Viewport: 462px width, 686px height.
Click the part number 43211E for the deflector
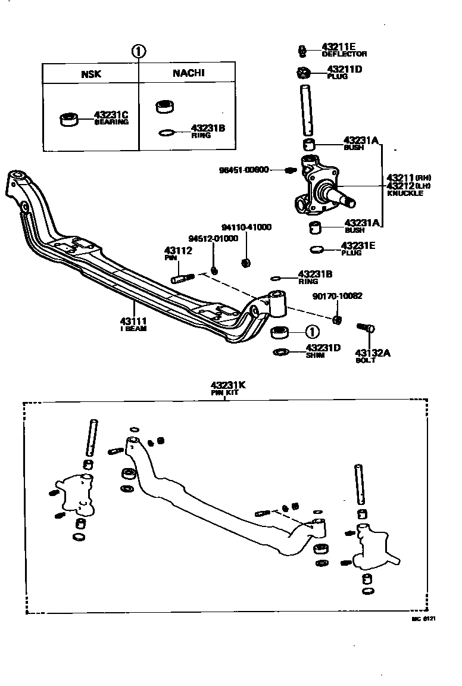click(x=339, y=46)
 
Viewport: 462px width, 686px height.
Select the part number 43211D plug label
click(x=341, y=69)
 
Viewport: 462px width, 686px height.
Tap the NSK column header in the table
click(x=91, y=74)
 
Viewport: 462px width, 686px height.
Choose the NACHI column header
click(x=188, y=73)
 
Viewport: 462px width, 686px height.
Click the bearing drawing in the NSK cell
click(x=71, y=119)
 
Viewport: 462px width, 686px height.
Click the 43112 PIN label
click(x=177, y=252)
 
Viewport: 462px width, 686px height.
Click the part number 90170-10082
click(x=337, y=296)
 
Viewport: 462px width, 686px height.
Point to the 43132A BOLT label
click(x=373, y=354)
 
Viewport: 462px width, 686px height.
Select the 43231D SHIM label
click(x=323, y=348)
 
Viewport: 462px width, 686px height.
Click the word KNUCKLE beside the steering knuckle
click(x=404, y=194)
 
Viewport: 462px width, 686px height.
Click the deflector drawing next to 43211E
click(x=302, y=51)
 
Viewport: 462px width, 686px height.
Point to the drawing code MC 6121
click(x=423, y=619)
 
